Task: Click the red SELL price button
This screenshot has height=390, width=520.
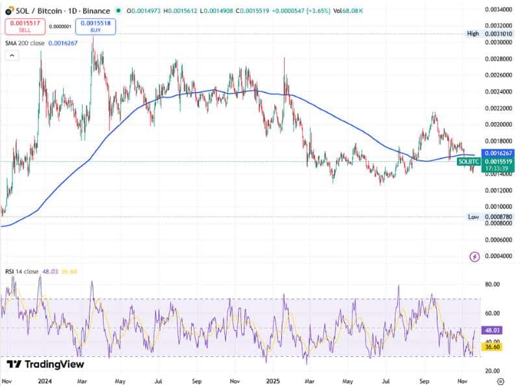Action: pyautogui.click(x=23, y=27)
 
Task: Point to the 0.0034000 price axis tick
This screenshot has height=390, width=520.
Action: pyautogui.click(x=499, y=10)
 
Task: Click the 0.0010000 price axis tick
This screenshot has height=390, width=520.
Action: pyautogui.click(x=499, y=206)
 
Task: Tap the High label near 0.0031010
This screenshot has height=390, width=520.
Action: pyautogui.click(x=473, y=33)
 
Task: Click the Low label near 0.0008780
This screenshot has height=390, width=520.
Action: pyautogui.click(x=473, y=216)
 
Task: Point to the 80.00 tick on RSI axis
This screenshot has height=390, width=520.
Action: pyautogui.click(x=495, y=284)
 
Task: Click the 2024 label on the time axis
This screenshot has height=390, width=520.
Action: pyautogui.click(x=45, y=382)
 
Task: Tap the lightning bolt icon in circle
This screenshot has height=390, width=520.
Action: pyautogui.click(x=474, y=257)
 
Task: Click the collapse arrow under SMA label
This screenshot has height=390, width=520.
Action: pyautogui.click(x=12, y=56)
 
